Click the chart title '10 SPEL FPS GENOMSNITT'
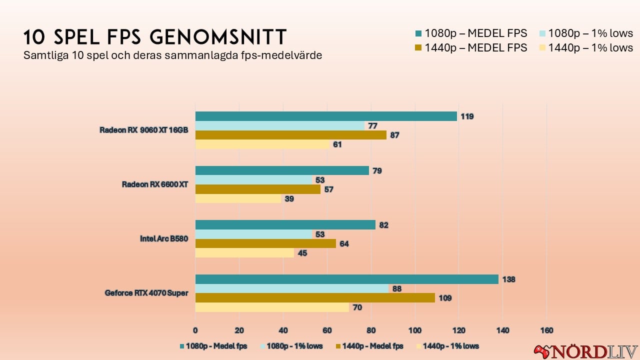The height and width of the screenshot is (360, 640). [x=155, y=37]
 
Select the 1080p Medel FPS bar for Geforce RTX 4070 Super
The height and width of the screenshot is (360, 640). [x=346, y=279]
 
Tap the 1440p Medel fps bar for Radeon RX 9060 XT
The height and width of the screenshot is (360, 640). [x=290, y=135]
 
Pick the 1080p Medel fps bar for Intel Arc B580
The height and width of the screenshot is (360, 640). [x=285, y=225]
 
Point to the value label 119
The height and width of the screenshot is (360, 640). [x=467, y=116]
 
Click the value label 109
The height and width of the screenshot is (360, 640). [x=445, y=298]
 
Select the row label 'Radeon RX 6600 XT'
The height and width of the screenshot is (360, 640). [x=155, y=184]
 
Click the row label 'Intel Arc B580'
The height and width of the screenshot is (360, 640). [x=164, y=239]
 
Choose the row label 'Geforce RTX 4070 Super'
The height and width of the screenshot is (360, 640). [x=146, y=293]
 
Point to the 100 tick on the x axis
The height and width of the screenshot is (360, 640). [x=414, y=330]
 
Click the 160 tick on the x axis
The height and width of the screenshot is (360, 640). [x=546, y=330]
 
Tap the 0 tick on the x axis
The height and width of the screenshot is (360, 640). [x=195, y=330]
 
